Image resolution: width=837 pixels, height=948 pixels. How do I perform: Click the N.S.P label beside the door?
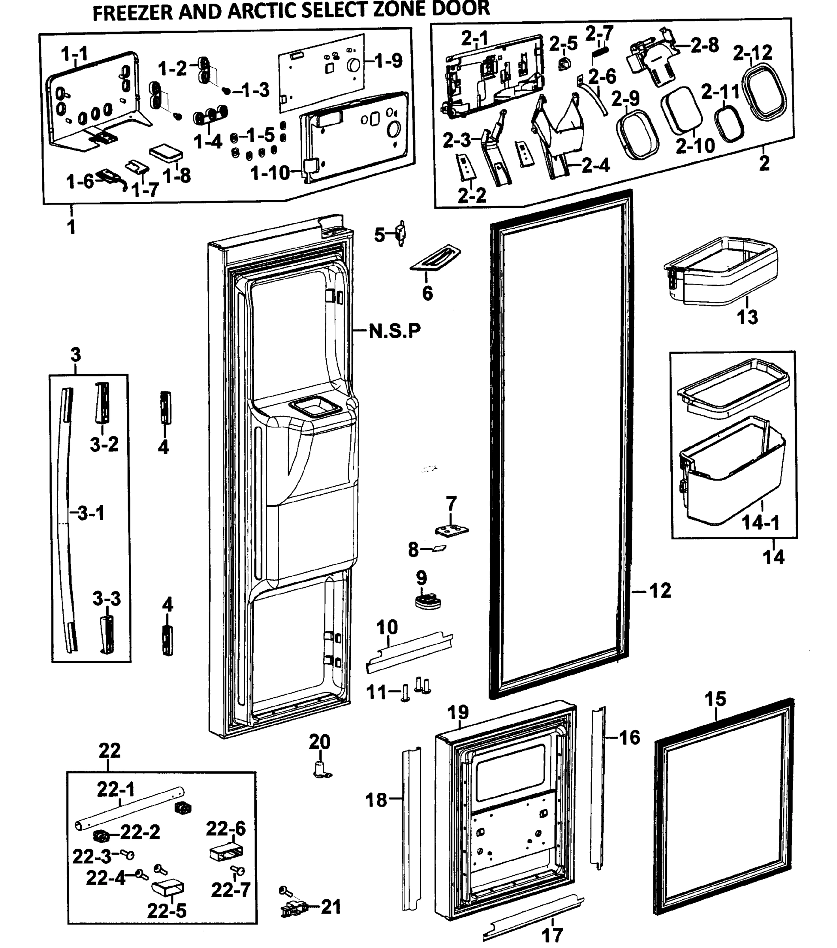coord(395,331)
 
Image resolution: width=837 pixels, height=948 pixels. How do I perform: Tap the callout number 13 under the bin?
coord(747,317)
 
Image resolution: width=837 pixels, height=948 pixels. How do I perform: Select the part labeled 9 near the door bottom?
coord(427,601)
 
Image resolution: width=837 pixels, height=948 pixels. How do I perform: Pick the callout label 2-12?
coord(752,53)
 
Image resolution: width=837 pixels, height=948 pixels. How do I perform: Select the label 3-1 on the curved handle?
coord(90,513)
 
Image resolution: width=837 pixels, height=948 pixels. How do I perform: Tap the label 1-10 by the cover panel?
coord(270,173)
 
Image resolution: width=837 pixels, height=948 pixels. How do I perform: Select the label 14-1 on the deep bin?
coord(760,522)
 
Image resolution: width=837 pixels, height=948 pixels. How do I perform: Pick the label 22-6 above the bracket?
coord(226,828)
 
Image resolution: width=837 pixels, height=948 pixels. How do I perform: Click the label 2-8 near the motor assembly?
coord(704,45)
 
